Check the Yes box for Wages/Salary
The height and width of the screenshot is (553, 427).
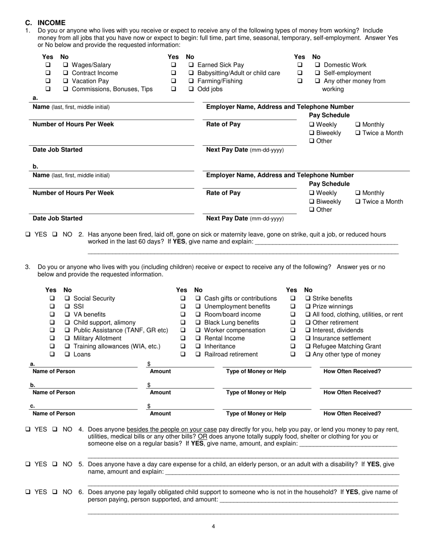pos(48,65)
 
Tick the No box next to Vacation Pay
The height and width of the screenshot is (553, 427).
pos(66,81)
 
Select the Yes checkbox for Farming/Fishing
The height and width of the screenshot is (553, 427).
pos(173,81)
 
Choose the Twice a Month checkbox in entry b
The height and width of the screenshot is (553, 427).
pos(358,201)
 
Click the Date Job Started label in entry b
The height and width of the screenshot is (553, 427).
pos(58,219)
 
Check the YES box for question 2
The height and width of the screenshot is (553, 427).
pos(28,234)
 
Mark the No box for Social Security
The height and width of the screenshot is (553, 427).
pos(67,298)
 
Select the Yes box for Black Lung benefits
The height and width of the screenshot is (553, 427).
pos(183,322)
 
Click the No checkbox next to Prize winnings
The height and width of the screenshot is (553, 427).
pos(308,306)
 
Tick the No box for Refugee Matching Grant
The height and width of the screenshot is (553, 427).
pos(308,346)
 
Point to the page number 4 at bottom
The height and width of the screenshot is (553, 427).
pos(213,527)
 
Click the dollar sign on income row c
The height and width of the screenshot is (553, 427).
pos(149,406)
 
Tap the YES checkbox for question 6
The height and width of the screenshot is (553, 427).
pos(28,492)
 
